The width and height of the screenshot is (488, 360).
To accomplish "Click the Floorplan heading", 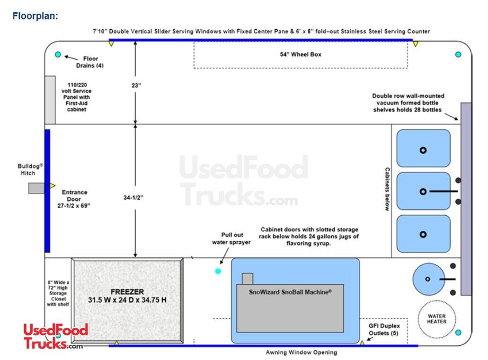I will click(x=35, y=16).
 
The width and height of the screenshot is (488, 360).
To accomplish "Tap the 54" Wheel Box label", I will click(x=300, y=54).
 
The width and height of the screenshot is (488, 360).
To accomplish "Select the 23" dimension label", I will click(x=136, y=86).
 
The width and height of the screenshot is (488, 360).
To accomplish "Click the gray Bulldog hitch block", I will click(x=36, y=188).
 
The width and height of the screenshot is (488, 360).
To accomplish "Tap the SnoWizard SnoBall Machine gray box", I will click(x=290, y=307).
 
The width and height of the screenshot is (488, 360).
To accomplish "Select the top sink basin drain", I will click(x=423, y=150).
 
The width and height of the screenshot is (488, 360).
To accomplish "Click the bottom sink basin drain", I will click(x=423, y=234).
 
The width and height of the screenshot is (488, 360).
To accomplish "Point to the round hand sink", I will click(x=428, y=279).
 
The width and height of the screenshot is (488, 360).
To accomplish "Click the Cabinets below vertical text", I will click(x=387, y=189).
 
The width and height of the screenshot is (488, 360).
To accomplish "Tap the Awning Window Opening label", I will click(x=301, y=352).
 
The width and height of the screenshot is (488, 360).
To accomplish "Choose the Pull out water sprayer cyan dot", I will click(x=218, y=271).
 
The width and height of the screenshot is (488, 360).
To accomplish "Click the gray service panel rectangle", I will click(x=50, y=99).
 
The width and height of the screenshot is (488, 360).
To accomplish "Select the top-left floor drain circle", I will click(x=58, y=54).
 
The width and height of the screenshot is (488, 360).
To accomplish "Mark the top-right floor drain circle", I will click(x=458, y=54).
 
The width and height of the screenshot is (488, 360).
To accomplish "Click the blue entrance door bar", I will click(x=47, y=191).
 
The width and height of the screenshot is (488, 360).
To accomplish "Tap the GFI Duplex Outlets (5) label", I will click(x=384, y=329).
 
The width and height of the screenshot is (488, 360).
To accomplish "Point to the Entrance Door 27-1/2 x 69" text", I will click(x=75, y=199).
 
